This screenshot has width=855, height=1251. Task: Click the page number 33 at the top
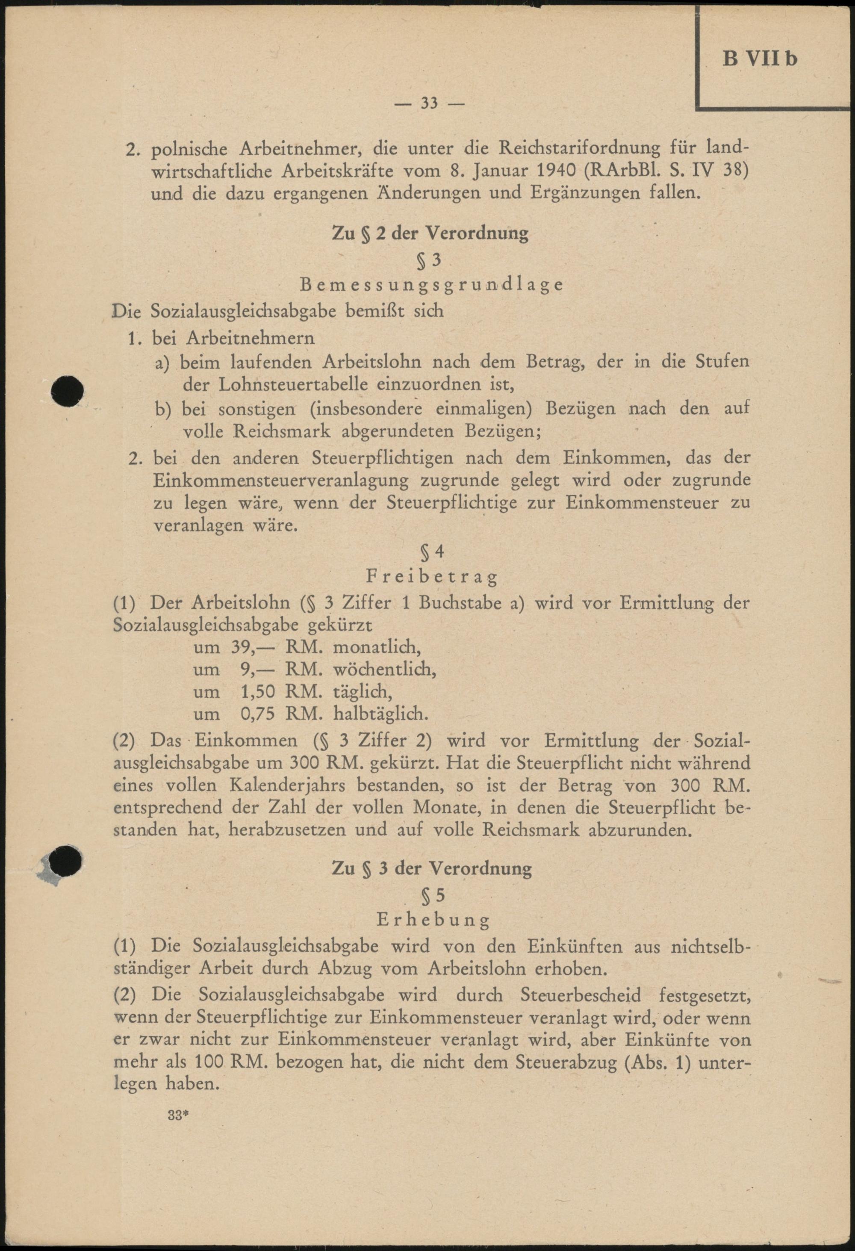(x=429, y=103)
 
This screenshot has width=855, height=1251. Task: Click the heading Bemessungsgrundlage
(x=431, y=284)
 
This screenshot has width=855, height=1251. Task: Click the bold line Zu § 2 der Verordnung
(x=430, y=233)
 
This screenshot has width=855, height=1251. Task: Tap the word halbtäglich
(x=381, y=714)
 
